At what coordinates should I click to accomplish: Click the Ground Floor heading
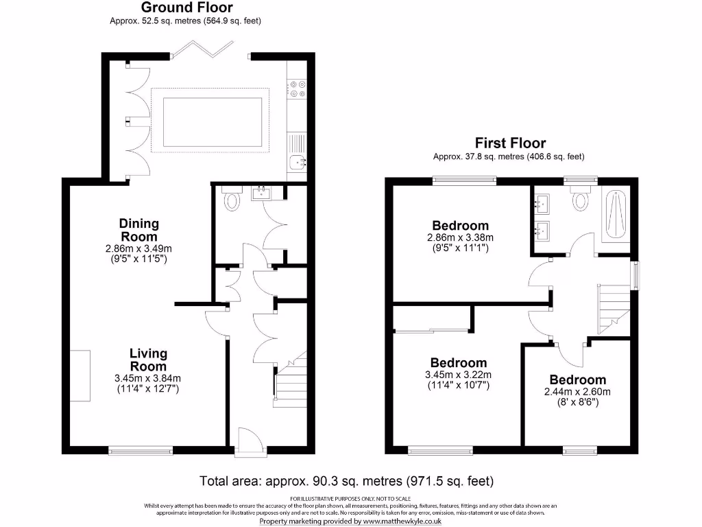(x=186, y=8)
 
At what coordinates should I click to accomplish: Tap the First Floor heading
(x=510, y=143)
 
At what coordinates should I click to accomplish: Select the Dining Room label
(x=139, y=229)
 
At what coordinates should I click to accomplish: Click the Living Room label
(x=148, y=360)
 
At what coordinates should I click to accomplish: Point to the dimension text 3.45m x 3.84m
(x=148, y=378)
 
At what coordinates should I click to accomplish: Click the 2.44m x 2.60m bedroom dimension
(x=577, y=393)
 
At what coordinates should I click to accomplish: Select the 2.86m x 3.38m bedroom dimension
(x=460, y=237)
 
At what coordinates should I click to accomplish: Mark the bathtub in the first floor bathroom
(x=615, y=215)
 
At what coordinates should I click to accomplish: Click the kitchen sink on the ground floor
(x=298, y=162)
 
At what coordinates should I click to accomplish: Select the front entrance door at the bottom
(x=245, y=443)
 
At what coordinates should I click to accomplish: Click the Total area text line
(x=346, y=480)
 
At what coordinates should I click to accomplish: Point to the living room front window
(x=141, y=451)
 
